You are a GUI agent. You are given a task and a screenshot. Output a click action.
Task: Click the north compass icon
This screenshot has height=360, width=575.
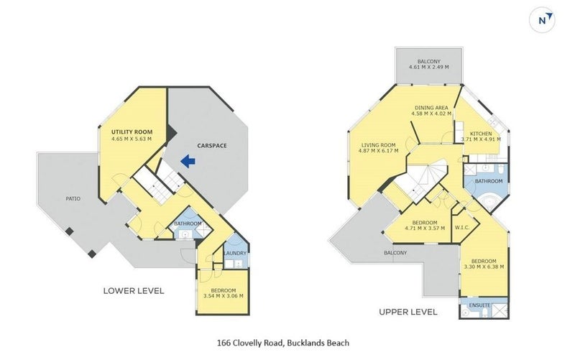542,20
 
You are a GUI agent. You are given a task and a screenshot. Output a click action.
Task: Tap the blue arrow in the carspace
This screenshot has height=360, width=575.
188,161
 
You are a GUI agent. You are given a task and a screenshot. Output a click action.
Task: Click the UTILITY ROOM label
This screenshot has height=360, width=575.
132,132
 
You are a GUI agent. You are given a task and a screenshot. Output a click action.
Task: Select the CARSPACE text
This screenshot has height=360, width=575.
212,146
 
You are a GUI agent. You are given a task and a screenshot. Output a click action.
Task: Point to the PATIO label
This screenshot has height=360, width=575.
73,199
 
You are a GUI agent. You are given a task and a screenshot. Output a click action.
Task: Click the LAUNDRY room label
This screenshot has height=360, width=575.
235,254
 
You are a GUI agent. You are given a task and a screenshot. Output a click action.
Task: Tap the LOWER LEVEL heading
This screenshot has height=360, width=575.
134,291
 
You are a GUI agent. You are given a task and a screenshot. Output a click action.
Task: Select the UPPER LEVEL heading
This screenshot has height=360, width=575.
408,312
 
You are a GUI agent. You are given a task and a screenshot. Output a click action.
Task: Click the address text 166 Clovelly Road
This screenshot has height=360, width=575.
249,343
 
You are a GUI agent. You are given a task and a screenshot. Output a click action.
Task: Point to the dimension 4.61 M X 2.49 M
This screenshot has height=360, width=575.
428,67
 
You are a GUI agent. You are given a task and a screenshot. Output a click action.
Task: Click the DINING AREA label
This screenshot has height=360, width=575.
431,108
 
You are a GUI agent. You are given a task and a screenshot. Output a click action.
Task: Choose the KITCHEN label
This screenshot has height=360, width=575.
481,134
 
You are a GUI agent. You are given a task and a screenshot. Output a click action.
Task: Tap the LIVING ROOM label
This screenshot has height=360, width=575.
379,145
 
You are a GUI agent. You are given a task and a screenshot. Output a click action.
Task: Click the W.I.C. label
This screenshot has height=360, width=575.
462,228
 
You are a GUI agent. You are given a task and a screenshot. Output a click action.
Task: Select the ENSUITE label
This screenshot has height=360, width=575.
479,305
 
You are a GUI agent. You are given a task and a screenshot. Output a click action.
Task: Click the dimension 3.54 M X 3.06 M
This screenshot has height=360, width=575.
224,296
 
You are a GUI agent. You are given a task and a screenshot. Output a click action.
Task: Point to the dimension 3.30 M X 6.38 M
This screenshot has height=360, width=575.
484,267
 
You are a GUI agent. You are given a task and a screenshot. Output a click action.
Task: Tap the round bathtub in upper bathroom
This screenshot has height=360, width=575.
489,202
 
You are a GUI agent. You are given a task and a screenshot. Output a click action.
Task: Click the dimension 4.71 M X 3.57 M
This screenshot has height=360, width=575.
425,228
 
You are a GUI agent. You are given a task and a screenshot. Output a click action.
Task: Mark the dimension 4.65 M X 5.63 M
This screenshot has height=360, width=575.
132,139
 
